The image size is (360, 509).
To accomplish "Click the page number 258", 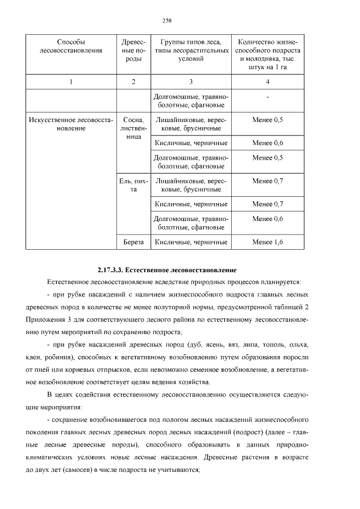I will (166, 20).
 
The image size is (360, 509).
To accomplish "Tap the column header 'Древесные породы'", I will (133, 55).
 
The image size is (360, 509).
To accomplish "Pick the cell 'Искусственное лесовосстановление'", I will (71, 124).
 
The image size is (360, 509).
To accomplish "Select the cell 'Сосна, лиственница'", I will (133, 128).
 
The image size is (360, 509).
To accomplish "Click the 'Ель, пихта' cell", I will (133, 185).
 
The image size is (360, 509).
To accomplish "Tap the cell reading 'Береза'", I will (133, 242).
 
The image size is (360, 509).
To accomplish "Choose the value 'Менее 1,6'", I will (267, 242).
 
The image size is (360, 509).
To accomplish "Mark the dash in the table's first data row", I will (267, 97).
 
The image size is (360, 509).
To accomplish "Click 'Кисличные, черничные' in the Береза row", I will (191, 242).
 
